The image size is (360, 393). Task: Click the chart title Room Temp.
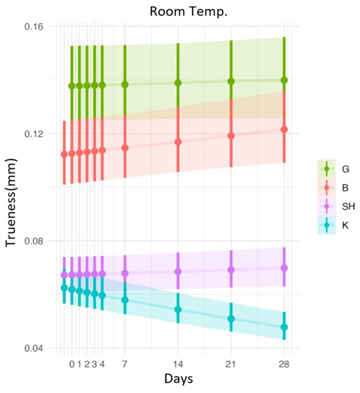[x=189, y=12]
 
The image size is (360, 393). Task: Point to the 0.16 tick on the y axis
[x=34, y=27]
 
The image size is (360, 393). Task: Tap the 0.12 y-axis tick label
[x=34, y=134]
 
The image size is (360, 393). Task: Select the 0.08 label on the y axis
[x=34, y=241]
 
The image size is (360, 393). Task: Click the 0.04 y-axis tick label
[x=34, y=348]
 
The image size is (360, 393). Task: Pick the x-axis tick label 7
[x=125, y=364]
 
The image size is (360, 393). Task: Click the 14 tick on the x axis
[x=178, y=364]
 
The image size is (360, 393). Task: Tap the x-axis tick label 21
[x=231, y=364]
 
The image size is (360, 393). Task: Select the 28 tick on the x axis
[x=284, y=364]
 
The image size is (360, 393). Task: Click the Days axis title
[x=179, y=379]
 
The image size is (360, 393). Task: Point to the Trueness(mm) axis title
[x=11, y=202]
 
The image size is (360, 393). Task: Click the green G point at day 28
[x=284, y=80]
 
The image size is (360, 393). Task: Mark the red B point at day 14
[x=178, y=142]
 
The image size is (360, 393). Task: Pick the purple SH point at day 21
[x=231, y=270]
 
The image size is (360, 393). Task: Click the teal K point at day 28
[x=284, y=327]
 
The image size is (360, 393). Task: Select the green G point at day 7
[x=125, y=84]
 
